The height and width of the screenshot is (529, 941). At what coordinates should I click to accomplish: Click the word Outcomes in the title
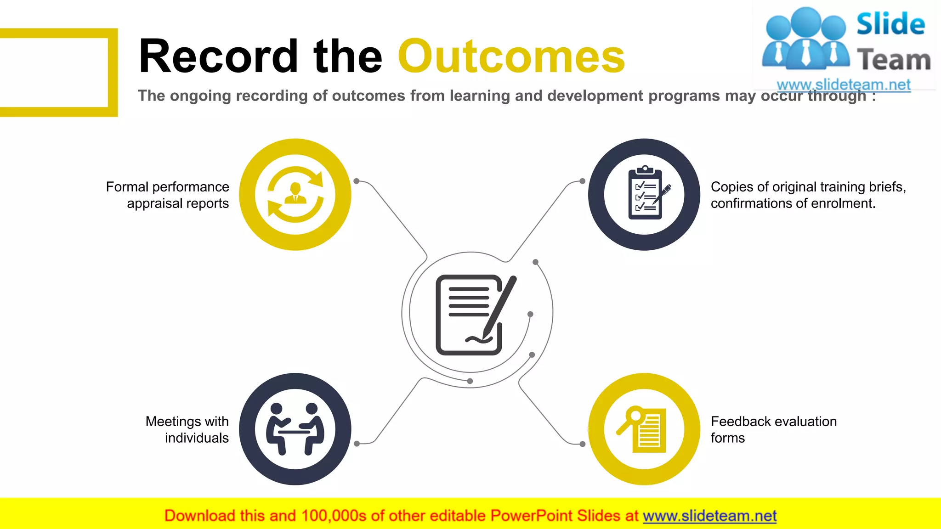pos(511,56)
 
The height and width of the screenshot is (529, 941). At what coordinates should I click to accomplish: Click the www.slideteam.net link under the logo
pos(843,84)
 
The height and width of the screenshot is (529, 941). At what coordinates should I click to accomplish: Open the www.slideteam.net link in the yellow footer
pos(709,516)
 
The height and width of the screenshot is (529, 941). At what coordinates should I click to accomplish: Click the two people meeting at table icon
pos(295,429)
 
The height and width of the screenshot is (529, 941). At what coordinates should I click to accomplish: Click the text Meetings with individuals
pos(187,429)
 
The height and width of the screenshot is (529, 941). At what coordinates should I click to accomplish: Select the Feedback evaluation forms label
pos(773,429)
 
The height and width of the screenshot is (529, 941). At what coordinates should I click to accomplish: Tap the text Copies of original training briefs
pos(808,187)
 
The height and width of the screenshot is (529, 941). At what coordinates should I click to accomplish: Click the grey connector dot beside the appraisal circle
pos(357,181)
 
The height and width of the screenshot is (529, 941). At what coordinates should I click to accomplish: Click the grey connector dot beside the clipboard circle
pos(582,181)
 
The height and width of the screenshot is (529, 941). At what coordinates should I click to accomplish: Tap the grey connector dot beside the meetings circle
pos(357,444)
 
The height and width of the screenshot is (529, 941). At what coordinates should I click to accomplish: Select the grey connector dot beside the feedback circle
pos(582,444)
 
